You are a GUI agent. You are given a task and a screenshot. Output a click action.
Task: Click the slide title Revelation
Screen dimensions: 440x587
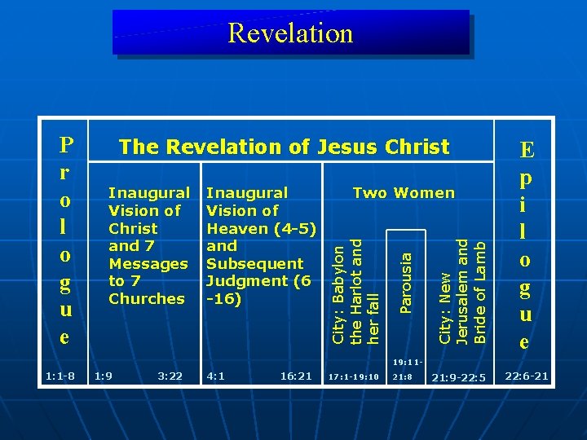[x=291, y=33]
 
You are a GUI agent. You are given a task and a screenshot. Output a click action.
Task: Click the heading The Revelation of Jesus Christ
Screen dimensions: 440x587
[x=284, y=147]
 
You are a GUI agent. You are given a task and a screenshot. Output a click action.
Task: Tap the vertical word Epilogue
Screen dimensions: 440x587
[x=527, y=245]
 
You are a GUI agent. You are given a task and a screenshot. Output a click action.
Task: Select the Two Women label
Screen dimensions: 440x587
[x=404, y=193]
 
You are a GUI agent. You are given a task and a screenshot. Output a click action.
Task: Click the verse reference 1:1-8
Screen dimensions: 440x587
[x=61, y=376]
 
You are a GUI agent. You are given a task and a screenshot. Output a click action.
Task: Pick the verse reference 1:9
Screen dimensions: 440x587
[x=104, y=376]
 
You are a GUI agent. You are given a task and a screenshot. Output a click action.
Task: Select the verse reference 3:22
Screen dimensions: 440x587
[x=170, y=376]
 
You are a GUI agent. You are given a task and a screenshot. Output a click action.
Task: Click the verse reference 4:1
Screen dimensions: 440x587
[x=216, y=376]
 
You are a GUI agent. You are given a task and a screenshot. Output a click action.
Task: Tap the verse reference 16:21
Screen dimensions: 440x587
[x=295, y=376]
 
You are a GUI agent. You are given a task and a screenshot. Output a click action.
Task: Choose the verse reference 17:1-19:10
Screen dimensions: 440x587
[x=353, y=376]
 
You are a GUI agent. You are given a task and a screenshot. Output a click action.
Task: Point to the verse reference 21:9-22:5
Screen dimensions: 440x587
[x=457, y=377]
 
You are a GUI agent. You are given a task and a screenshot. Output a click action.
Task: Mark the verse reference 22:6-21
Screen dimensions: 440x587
[x=527, y=376]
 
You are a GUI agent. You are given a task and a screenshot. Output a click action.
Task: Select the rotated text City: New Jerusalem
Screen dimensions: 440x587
[x=463, y=289]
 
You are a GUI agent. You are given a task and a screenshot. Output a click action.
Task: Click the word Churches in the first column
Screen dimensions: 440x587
[x=147, y=299]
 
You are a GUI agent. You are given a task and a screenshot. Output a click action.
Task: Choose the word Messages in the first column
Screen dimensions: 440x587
[x=148, y=264]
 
